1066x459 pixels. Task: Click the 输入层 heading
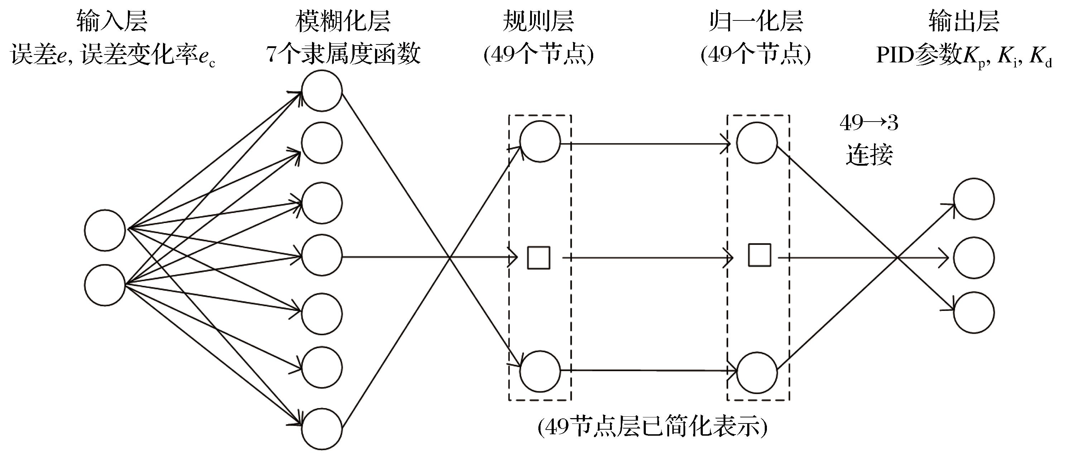pos(112,22)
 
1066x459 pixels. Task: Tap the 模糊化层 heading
pos(343,22)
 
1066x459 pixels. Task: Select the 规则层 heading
pos(538,22)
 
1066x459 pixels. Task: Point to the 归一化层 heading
pos(756,22)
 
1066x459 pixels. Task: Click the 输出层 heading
pos(964,22)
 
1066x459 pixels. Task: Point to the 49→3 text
pos(869,123)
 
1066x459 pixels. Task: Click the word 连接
pos(869,155)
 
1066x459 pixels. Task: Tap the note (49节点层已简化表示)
pos(653,428)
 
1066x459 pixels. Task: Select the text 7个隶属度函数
pos(343,54)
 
